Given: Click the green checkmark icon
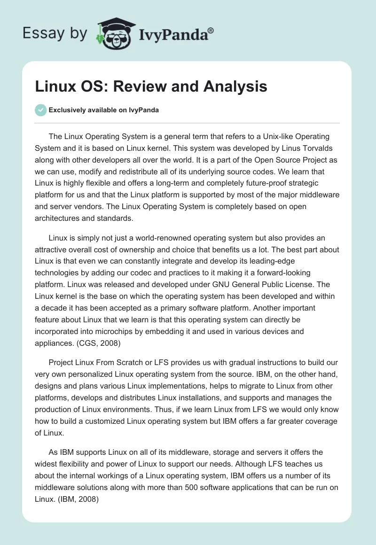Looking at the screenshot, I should [x=40, y=110].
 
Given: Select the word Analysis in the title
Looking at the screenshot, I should [x=235, y=86].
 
